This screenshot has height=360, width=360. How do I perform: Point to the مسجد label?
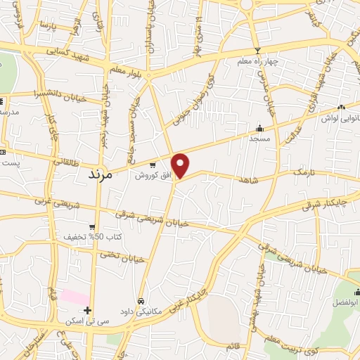click(259, 139)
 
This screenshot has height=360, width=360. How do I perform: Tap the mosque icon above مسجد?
click(259, 129)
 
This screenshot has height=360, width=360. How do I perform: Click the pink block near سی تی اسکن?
click(74, 296)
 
